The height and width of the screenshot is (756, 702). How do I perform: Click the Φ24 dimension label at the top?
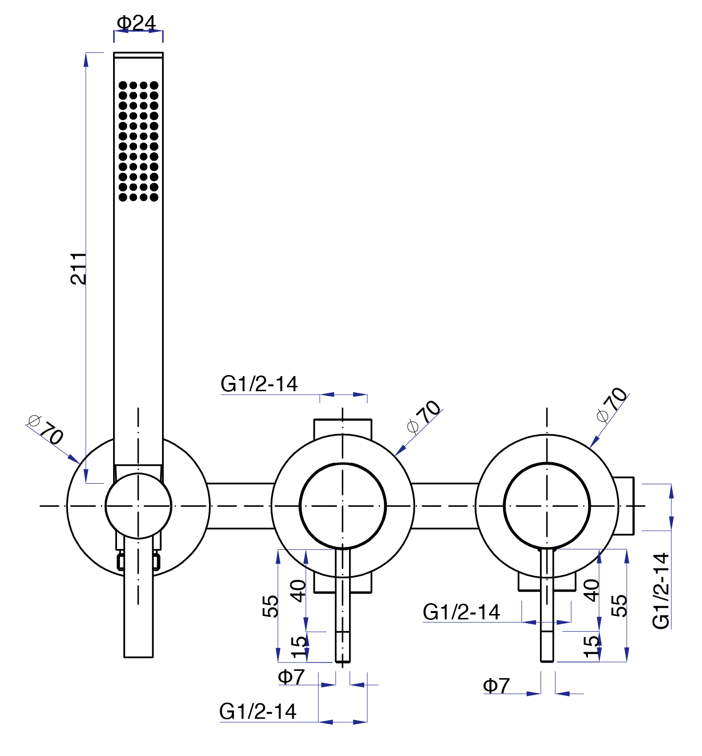[136, 23]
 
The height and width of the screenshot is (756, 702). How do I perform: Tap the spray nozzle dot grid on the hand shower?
[139, 141]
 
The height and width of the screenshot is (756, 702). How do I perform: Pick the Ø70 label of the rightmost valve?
[612, 404]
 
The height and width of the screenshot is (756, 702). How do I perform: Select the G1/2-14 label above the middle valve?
[259, 384]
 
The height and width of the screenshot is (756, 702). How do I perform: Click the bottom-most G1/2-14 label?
[257, 711]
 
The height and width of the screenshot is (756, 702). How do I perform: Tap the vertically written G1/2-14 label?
[661, 591]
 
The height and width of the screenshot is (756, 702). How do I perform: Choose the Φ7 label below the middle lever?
[291, 677]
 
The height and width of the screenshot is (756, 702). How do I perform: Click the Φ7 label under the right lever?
[496, 685]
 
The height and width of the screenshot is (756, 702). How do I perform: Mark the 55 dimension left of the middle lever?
[271, 606]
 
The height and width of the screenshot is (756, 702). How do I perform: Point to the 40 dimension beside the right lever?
[592, 590]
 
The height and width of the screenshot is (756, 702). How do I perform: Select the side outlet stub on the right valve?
[626, 505]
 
